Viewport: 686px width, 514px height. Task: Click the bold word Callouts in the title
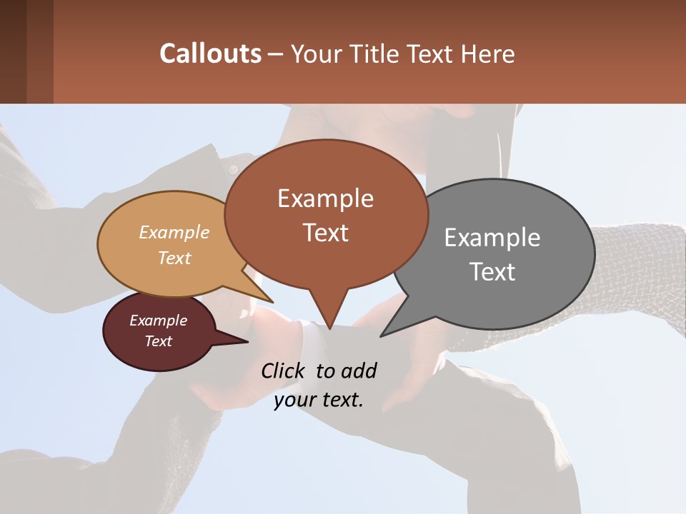click(x=210, y=54)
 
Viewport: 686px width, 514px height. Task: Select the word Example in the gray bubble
click(x=492, y=238)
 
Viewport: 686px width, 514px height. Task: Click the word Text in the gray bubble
click(x=492, y=272)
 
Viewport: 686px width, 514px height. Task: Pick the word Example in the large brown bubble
click(x=325, y=198)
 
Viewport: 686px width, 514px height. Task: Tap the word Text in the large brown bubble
click(x=325, y=233)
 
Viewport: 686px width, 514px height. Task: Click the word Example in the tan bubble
click(x=174, y=233)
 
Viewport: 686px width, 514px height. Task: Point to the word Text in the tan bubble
click(x=174, y=258)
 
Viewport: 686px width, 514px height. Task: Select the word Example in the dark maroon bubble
click(x=159, y=321)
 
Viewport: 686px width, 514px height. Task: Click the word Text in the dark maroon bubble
click(x=159, y=341)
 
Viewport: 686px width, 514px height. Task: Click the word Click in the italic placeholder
click(x=284, y=371)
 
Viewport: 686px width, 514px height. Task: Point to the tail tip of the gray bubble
click(x=382, y=336)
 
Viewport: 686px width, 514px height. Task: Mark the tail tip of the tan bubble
click(x=272, y=302)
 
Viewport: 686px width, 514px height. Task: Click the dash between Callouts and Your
click(x=277, y=54)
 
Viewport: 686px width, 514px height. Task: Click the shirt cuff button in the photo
click(x=232, y=169)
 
